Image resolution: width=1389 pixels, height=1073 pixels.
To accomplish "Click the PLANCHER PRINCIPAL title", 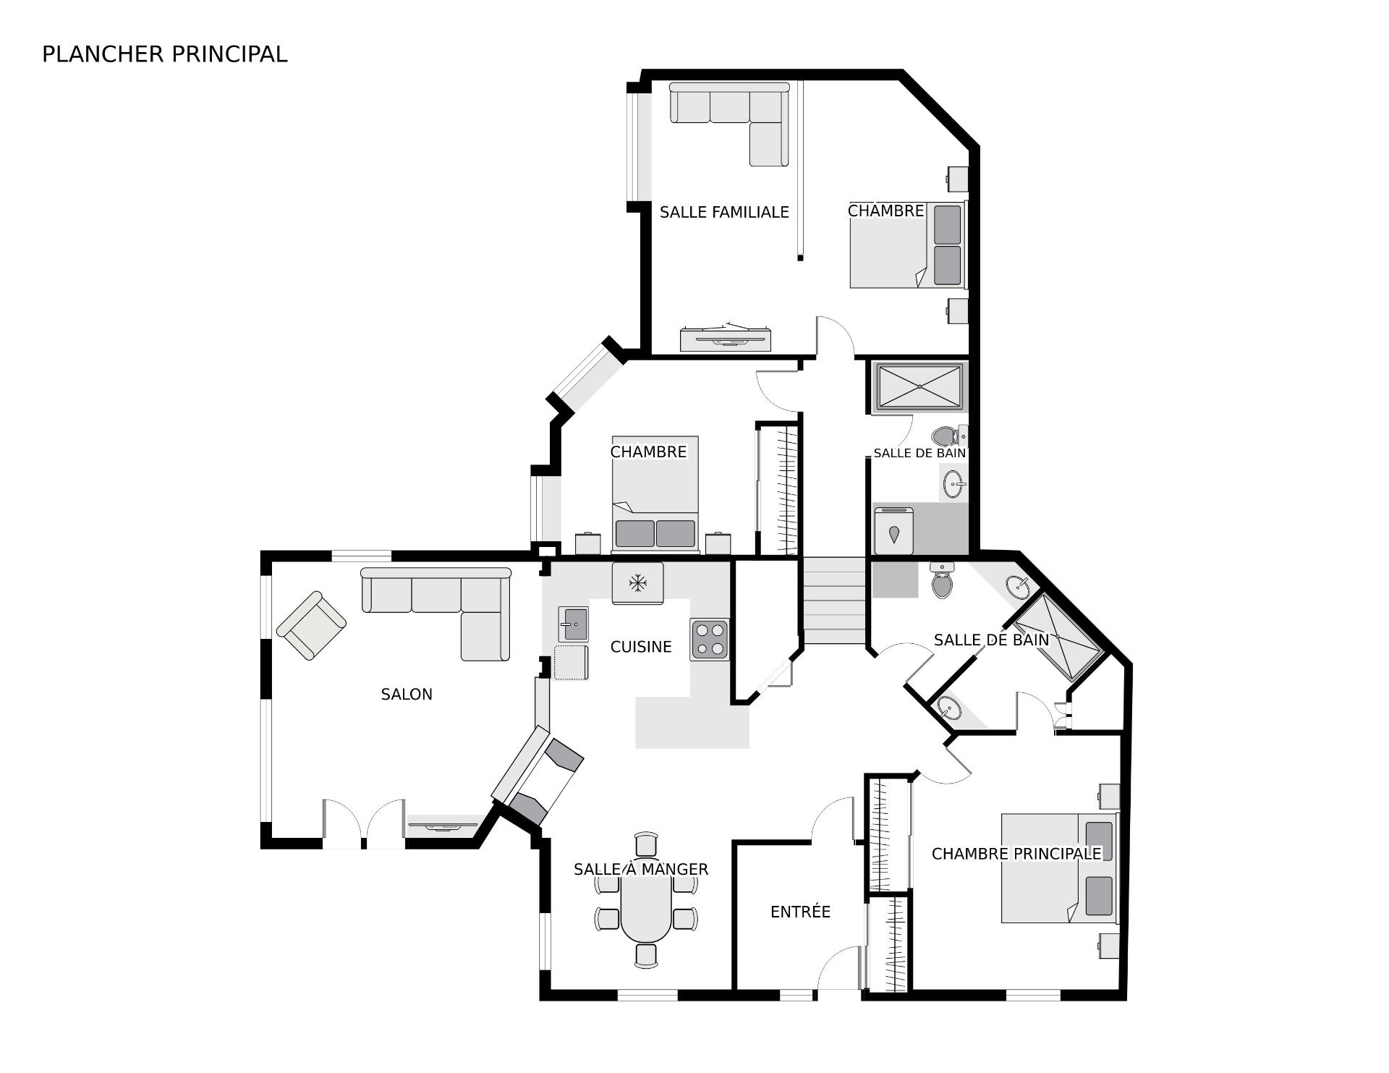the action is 165,54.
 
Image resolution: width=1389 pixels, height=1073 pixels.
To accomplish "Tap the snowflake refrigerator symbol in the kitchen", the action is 637,582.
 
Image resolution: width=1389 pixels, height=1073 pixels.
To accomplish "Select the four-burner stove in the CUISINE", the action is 709,640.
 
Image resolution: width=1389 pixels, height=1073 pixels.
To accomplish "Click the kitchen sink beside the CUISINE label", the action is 573,624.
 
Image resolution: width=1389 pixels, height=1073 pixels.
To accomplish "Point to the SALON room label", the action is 407,695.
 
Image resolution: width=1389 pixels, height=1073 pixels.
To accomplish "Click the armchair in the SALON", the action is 311,626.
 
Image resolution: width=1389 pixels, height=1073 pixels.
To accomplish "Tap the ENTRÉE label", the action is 800,912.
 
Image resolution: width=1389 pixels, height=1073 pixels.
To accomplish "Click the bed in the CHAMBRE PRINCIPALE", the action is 1059,868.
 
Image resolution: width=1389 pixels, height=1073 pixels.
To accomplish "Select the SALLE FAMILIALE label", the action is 724,212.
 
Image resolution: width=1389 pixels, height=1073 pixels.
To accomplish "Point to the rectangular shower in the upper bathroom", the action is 919,388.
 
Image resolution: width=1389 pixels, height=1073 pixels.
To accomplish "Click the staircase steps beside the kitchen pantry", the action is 834,601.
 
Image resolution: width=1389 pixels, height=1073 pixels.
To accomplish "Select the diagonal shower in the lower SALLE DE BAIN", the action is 1057,637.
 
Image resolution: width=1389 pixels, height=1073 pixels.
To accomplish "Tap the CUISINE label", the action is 641,647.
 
